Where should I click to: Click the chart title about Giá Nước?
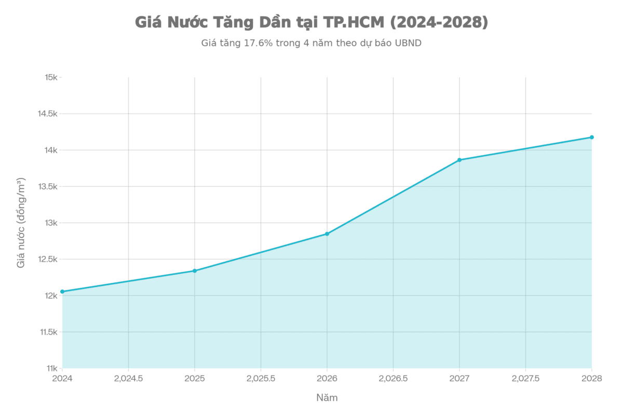(x=311, y=23)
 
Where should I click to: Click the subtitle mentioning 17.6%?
(x=311, y=44)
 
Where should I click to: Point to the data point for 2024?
(x=62, y=292)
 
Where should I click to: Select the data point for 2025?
(x=195, y=270)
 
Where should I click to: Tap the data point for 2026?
(x=327, y=233)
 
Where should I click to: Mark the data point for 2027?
(x=459, y=159)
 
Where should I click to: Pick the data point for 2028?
(x=592, y=137)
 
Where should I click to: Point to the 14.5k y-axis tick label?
(x=47, y=114)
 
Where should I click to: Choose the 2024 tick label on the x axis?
(x=62, y=379)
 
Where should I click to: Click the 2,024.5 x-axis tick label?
(x=128, y=379)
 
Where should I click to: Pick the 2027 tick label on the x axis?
(x=459, y=379)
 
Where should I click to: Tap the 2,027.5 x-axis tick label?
(x=525, y=379)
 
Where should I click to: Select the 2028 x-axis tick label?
(x=592, y=379)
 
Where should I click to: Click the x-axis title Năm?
(x=327, y=398)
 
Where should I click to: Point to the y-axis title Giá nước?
(x=21, y=223)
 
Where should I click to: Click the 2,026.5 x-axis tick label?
(x=393, y=379)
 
